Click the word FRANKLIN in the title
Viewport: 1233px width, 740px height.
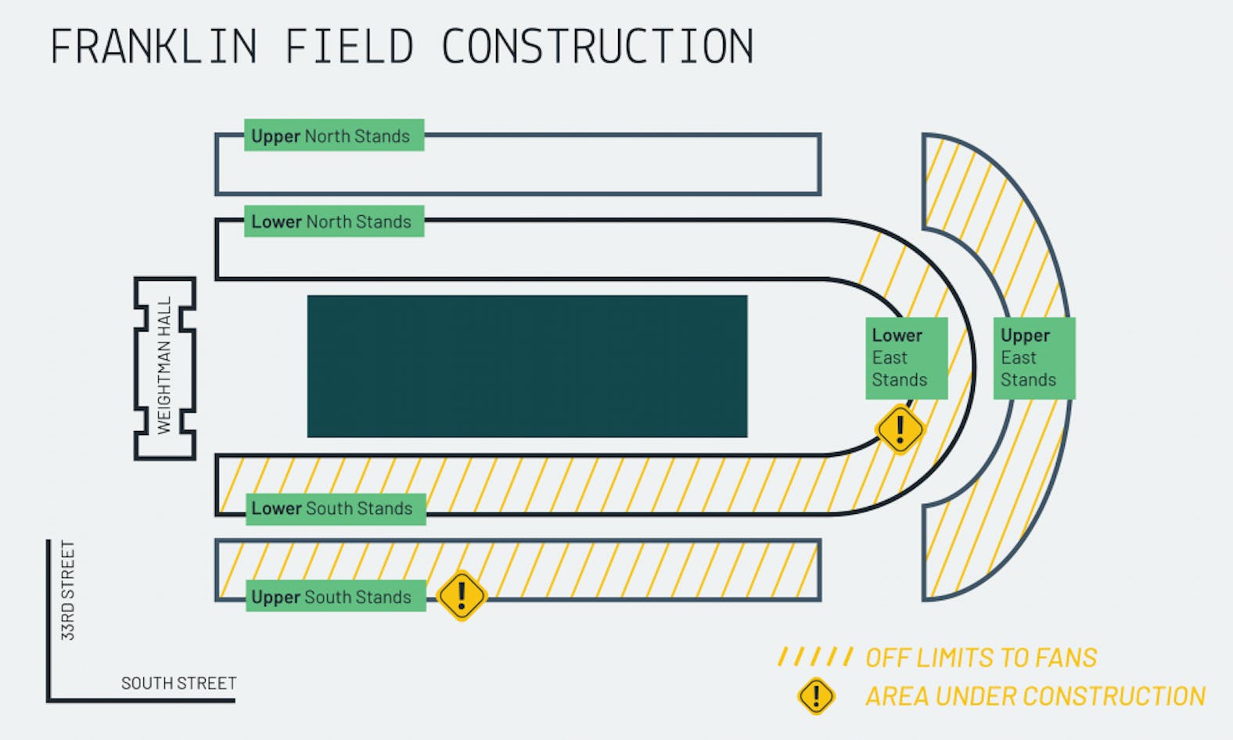pyautogui.click(x=153, y=46)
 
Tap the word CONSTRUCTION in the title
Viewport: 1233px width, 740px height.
pyautogui.click(x=597, y=46)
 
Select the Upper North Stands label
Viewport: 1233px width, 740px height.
pyautogui.click(x=333, y=135)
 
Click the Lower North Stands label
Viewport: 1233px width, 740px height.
pyautogui.click(x=333, y=221)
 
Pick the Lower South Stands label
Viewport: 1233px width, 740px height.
pyautogui.click(x=335, y=508)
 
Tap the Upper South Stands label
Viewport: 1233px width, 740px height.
pyautogui.click(x=335, y=597)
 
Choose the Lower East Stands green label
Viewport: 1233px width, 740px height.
pyautogui.click(x=906, y=358)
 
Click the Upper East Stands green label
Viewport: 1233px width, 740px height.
pyautogui.click(x=1033, y=358)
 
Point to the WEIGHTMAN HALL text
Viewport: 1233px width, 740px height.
pyautogui.click(x=164, y=365)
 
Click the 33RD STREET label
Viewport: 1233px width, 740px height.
pyautogui.click(x=69, y=591)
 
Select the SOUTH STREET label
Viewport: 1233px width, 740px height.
pyautogui.click(x=178, y=683)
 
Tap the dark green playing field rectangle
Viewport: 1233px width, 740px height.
pyautogui.click(x=527, y=366)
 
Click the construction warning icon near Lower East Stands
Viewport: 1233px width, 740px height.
pyautogui.click(x=900, y=429)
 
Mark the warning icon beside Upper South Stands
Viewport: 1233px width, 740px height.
pyautogui.click(x=462, y=596)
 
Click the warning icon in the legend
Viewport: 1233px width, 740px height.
pyautogui.click(x=816, y=695)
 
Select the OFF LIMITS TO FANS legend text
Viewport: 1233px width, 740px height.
pyautogui.click(x=980, y=658)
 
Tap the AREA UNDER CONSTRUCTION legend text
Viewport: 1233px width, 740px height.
pyautogui.click(x=1034, y=695)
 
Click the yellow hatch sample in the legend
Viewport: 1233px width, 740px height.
pyautogui.click(x=815, y=657)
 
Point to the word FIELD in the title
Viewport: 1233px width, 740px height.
pyautogui.click(x=349, y=46)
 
